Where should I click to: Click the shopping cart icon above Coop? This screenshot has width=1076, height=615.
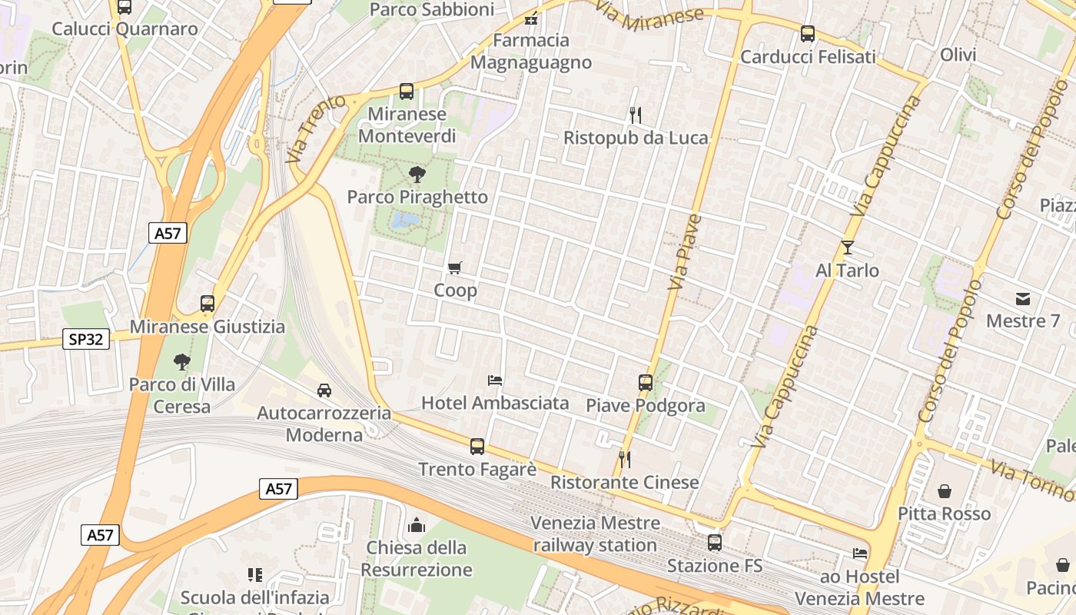455,268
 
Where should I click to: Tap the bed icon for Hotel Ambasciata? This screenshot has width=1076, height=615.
495,381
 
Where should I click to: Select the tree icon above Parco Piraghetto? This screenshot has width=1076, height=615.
417,174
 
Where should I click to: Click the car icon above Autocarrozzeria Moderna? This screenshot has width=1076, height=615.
324,391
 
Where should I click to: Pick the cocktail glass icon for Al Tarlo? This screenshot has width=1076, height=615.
847,248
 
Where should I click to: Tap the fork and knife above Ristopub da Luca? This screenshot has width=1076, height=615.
635,115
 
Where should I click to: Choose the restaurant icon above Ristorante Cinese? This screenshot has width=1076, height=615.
624,460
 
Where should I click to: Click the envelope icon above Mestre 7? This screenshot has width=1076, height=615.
1022,298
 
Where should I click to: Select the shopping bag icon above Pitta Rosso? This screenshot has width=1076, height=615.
945,491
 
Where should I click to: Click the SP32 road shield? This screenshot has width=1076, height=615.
86,338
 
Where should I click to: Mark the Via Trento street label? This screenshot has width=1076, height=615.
306,128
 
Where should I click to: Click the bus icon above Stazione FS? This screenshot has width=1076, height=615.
715,543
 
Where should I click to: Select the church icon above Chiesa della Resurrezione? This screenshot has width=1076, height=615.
417,525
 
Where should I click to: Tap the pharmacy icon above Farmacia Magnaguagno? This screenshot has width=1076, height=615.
530,18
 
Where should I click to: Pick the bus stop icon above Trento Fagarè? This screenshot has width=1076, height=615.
477,447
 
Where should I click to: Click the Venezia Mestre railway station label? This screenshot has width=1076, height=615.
595,534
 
